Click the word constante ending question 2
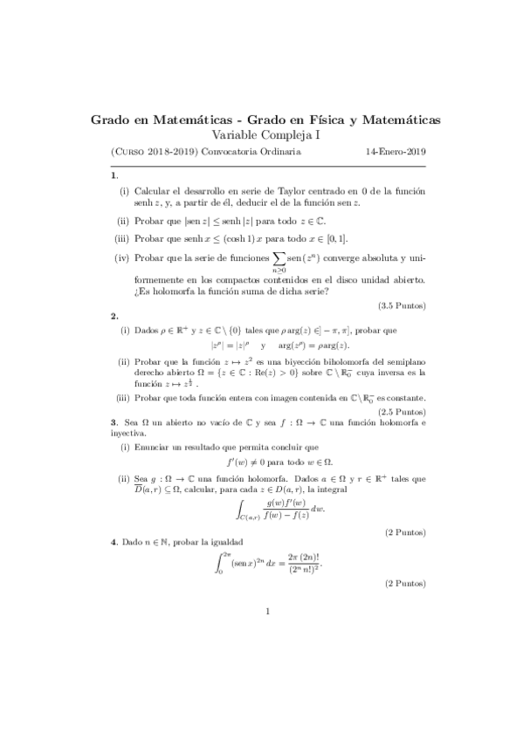[x=407, y=399]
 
